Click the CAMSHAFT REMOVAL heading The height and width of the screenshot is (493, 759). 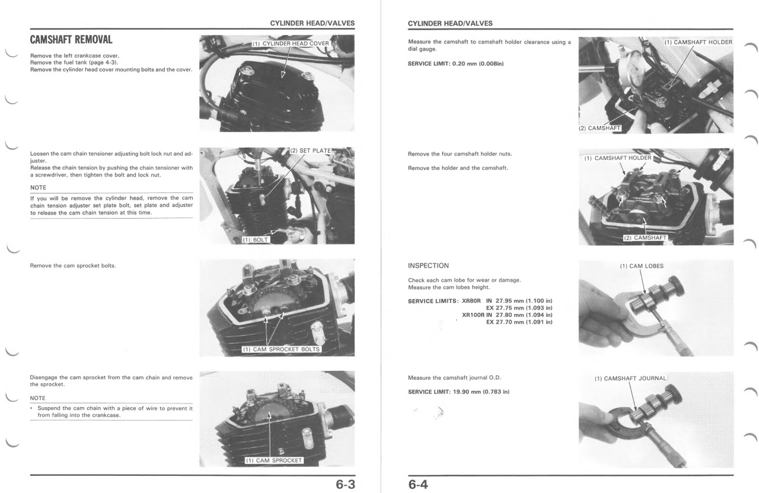pos(71,40)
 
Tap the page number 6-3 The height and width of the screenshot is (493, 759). pos(345,485)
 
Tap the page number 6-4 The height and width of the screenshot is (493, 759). pos(418,485)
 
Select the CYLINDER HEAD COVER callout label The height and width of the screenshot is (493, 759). pos(291,44)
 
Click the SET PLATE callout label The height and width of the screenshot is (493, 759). pos(311,151)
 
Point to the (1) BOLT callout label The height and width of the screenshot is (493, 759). pos(256,240)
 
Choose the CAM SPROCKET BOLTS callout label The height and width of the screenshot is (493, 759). pos(282,350)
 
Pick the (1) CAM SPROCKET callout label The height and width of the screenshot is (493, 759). pos(274,460)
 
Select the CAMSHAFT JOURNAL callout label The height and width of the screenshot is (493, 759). pos(631,379)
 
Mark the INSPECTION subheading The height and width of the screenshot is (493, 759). pos(428,265)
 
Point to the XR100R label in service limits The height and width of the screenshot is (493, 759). pos(473,315)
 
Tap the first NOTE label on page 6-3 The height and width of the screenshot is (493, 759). pos(38,188)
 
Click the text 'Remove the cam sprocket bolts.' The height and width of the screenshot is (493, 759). pos(73,265)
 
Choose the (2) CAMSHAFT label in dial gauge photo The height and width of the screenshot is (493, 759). pos(599,128)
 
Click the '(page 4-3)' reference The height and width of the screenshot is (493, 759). pos(100,63)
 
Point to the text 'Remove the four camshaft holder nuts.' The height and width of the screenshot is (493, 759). pos(460,154)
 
